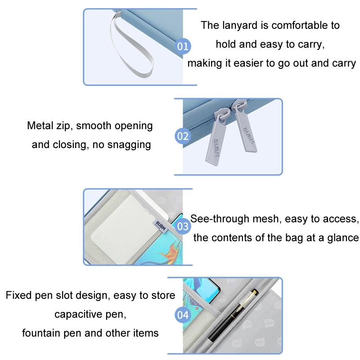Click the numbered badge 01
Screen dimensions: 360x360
pyautogui.click(x=183, y=46)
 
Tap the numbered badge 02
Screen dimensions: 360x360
pyautogui.click(x=183, y=136)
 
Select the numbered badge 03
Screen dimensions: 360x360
pyautogui.click(x=183, y=226)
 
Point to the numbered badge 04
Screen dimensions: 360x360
pyautogui.click(x=183, y=315)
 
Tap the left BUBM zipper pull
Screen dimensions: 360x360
pyautogui.click(x=216, y=138)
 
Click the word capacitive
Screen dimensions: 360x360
pyautogui.click(x=78, y=315)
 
